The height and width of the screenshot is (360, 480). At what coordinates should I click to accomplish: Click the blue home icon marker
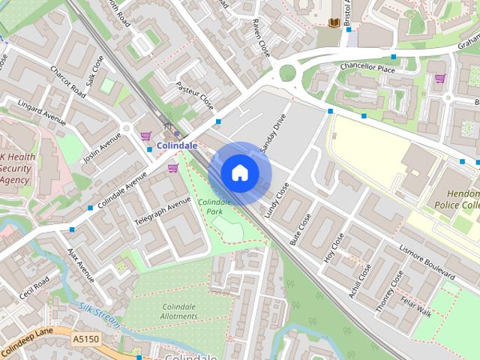239,173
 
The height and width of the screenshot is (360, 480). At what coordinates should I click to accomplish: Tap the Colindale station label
177,145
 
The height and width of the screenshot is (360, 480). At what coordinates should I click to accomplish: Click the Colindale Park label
214,207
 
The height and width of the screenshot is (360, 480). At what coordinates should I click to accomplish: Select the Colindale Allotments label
179,311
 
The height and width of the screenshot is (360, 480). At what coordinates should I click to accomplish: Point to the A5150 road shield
85,340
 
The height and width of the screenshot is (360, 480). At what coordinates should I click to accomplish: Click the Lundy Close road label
277,199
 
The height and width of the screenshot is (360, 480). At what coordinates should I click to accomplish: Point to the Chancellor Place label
367,68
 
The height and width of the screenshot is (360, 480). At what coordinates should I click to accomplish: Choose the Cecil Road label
34,289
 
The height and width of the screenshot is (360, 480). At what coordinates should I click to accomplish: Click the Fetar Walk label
415,308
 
